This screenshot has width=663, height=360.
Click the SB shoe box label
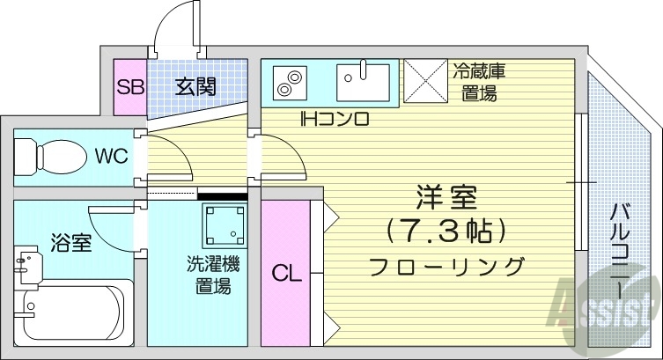click(130, 87)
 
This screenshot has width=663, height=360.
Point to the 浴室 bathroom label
click(70, 243)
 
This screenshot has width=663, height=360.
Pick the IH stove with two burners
click(288, 83)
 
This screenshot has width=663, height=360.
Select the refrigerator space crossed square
click(426, 82)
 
